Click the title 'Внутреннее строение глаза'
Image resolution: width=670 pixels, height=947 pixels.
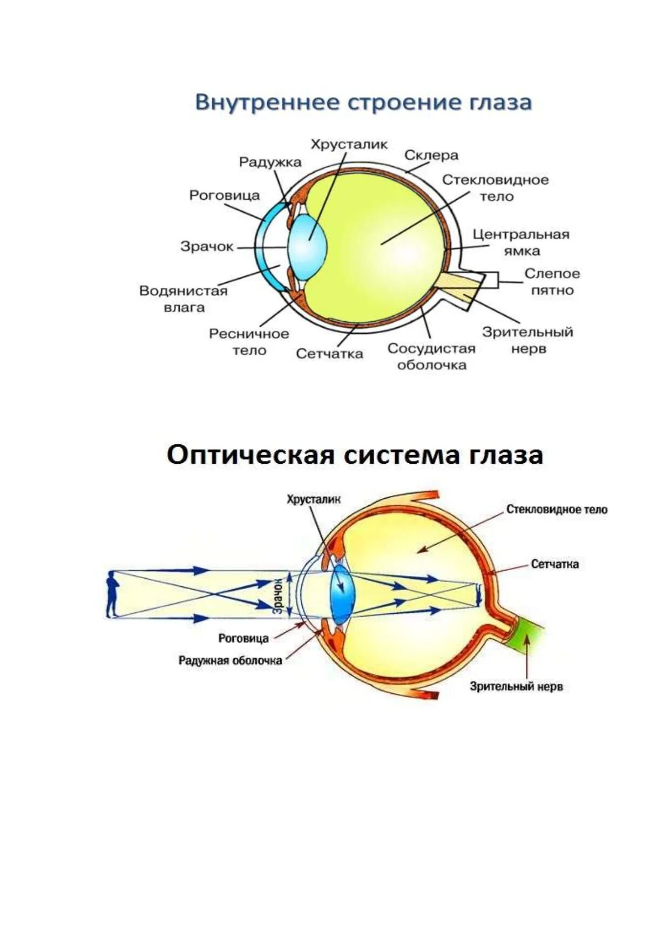pos(363,103)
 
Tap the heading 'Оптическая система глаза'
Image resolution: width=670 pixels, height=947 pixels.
pos(354,455)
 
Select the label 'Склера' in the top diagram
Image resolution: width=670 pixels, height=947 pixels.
pos(431,155)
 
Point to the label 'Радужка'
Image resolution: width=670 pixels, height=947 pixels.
pos(270,162)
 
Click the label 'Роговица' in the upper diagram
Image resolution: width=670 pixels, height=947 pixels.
pos(224,195)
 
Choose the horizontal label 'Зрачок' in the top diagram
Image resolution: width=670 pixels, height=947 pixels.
pos(207,247)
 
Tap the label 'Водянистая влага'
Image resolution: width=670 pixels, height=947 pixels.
pos(184,299)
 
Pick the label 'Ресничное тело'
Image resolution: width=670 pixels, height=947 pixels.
pos(249,342)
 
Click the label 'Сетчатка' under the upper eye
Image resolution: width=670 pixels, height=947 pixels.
pos(329,354)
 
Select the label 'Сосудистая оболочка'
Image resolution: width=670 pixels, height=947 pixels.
pos(431,356)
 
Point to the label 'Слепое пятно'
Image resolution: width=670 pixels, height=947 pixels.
pos(552,281)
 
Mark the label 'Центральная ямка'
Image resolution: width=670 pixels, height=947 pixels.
pos(521,242)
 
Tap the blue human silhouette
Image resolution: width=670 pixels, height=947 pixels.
pos(112,594)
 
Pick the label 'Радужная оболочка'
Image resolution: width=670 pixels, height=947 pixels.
pos(231,660)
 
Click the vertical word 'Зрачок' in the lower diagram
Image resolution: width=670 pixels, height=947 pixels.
pos(278,595)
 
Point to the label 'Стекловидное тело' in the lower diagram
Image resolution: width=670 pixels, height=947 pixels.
pos(557,510)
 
